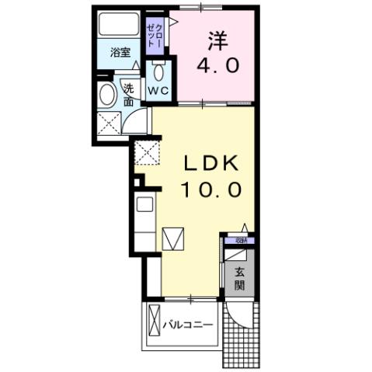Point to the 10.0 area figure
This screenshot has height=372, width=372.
click(x=211, y=189)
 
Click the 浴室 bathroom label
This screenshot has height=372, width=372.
click(x=120, y=53)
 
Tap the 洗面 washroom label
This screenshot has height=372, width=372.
click(x=128, y=95)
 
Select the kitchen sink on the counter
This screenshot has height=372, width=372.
click(x=144, y=206)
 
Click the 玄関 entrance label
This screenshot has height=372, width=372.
click(x=240, y=277)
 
